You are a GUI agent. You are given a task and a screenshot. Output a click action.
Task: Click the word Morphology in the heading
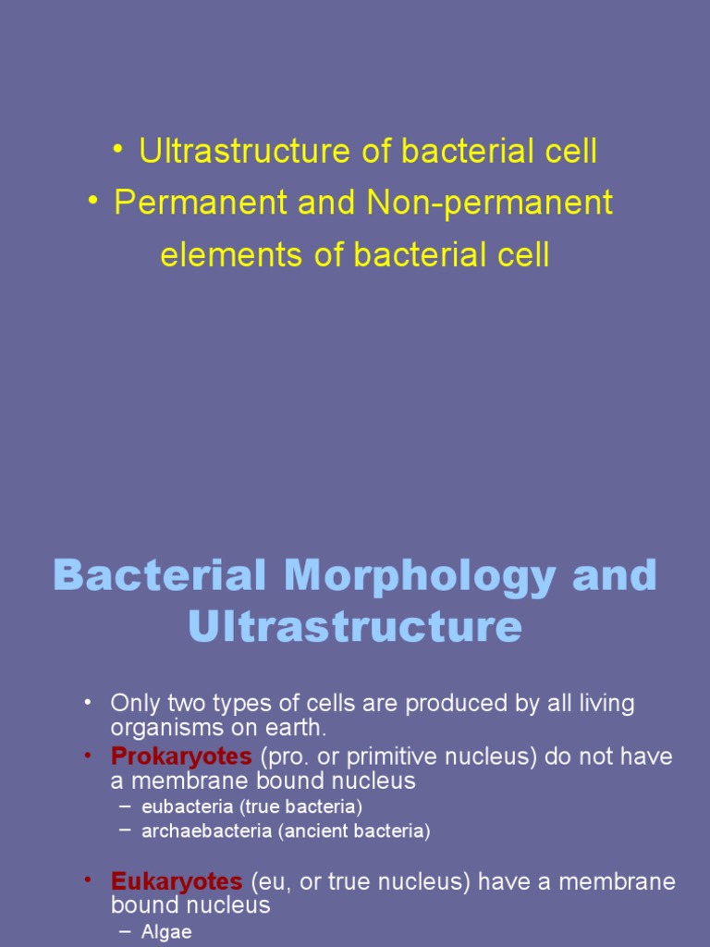(422, 575)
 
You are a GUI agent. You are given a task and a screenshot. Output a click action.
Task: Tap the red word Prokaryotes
(181, 756)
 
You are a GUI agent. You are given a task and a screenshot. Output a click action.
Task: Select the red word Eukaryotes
(177, 881)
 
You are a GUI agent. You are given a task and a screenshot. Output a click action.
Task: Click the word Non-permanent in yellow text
(490, 203)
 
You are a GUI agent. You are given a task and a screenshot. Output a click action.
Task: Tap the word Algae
(166, 932)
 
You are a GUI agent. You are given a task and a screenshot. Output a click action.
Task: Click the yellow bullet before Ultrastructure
(118, 150)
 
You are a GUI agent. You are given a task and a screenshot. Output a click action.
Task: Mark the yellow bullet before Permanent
(93, 202)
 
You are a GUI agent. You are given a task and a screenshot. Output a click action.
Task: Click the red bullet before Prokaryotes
(87, 756)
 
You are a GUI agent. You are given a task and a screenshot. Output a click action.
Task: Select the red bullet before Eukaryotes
(87, 880)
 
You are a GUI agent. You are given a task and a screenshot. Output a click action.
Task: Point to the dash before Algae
(126, 932)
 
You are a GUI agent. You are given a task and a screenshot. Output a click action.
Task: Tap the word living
(602, 703)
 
